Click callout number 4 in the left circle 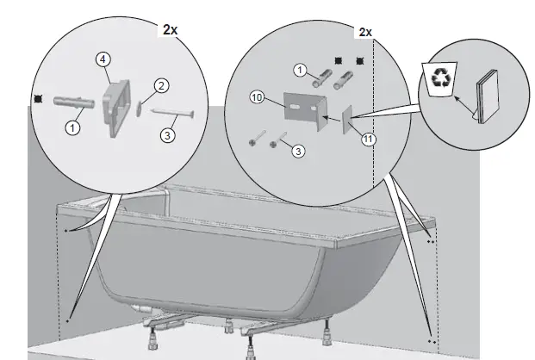pyautogui.click(x=103, y=59)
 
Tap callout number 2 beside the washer pyautogui.click(x=160, y=85)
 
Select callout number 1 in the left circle pyautogui.click(x=73, y=127)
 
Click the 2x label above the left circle pyautogui.click(x=171, y=29)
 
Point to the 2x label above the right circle pyautogui.click(x=364, y=32)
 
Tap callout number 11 pyautogui.click(x=369, y=138)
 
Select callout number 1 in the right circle pyautogui.click(x=300, y=69)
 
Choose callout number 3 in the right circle pyautogui.click(x=297, y=151)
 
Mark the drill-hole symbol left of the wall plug pyautogui.click(x=36, y=99)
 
